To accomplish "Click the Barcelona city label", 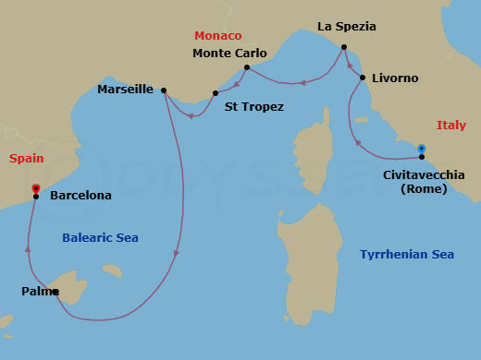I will [x=80, y=196].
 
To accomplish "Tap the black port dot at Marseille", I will [x=164, y=90].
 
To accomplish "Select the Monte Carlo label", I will [x=229, y=54].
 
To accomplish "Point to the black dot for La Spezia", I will [x=343, y=47].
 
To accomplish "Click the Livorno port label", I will [x=395, y=78].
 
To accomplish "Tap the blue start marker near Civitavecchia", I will [x=421, y=149].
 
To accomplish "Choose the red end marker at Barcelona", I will [x=35, y=188].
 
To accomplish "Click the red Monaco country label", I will [x=218, y=36].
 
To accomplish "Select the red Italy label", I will [x=451, y=126].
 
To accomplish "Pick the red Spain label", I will [x=27, y=159].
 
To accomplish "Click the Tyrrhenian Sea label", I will [x=407, y=255].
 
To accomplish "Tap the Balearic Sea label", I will [x=100, y=238].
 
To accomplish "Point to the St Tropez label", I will [x=254, y=107].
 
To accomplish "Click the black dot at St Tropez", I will [x=215, y=93].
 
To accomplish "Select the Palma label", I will [x=38, y=292].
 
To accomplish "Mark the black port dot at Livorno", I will [x=362, y=78].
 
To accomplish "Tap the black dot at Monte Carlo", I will [x=247, y=67].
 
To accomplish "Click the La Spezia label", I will [x=347, y=27].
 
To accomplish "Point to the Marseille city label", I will [x=125, y=90].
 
